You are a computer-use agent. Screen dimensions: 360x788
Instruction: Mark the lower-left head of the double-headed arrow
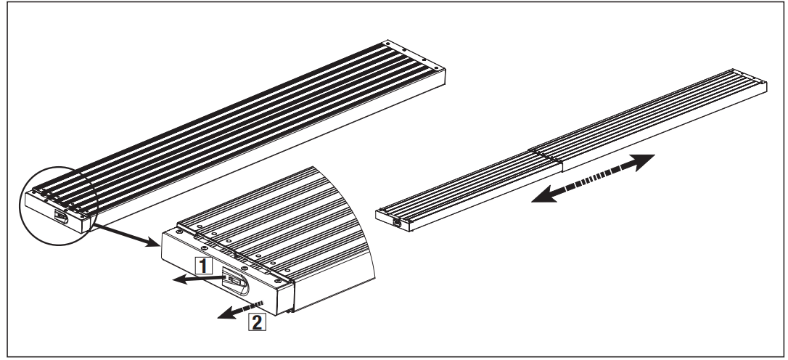538,199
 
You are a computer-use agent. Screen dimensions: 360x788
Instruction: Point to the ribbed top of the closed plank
239,123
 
